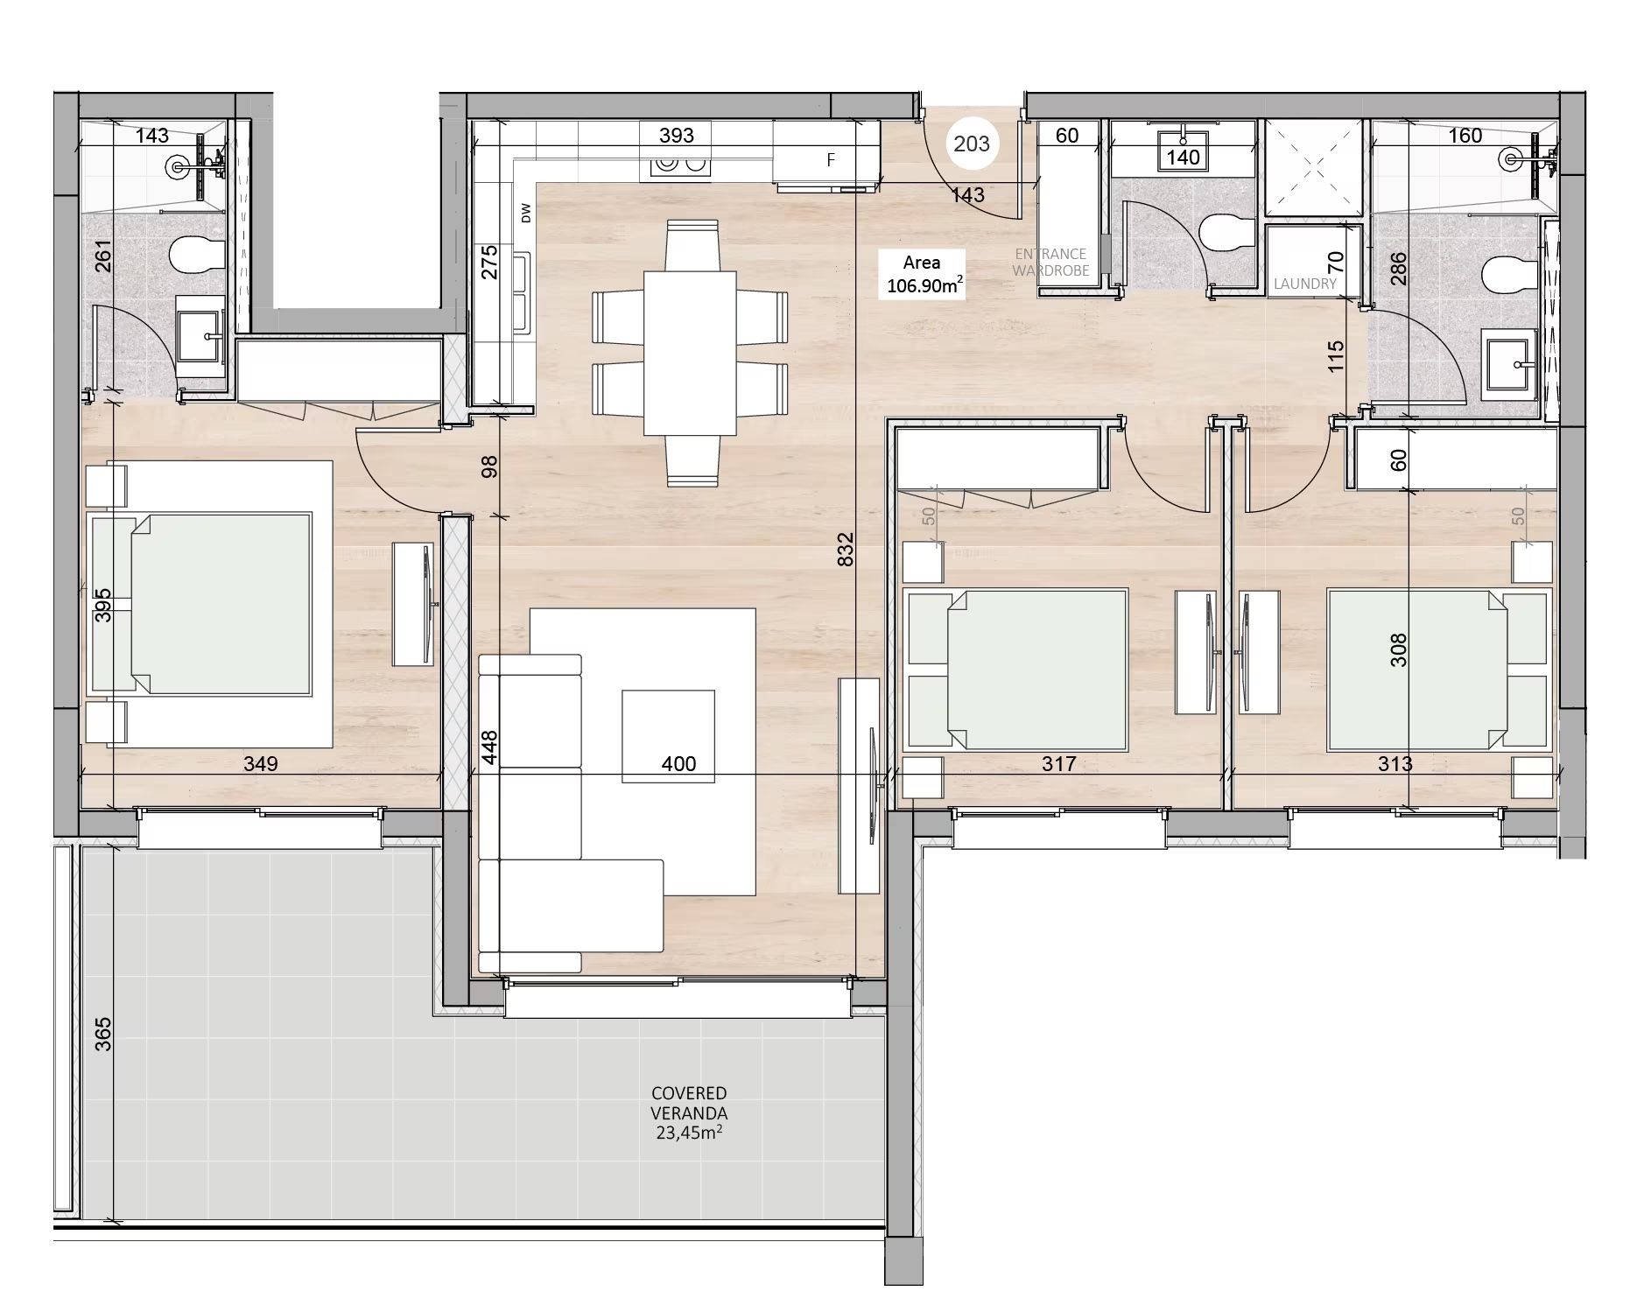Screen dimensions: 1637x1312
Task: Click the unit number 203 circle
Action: pos(971,144)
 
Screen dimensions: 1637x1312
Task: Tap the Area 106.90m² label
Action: pos(922,274)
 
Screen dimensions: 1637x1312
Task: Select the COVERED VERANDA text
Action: pos(689,1104)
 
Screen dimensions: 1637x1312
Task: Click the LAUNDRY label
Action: pos(1304,284)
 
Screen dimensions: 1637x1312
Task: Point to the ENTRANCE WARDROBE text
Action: pos(1050,263)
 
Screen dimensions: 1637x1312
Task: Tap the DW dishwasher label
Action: pos(526,213)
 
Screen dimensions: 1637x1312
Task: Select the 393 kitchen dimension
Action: pos(677,135)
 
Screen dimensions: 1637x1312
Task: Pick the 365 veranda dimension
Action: pos(103,1034)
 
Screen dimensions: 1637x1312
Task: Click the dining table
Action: pos(690,353)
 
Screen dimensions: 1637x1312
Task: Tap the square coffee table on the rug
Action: pos(668,736)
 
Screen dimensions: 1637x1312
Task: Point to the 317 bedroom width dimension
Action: pos(1058,764)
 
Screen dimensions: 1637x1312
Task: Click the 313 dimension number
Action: pos(1395,764)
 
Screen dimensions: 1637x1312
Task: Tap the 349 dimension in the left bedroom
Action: pos(261,764)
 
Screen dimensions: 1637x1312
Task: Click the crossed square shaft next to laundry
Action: pos(1314,168)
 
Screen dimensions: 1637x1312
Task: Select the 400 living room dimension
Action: pos(678,764)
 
